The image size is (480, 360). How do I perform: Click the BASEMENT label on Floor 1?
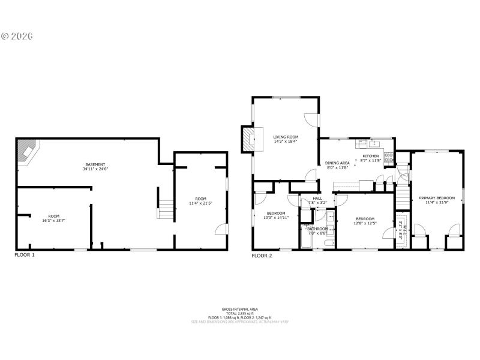[95, 164]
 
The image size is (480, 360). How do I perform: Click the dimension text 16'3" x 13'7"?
[54, 221]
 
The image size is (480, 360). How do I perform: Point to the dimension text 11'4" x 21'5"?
[200, 204]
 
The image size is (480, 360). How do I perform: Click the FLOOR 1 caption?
[25, 255]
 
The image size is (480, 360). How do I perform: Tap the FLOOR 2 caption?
[262, 255]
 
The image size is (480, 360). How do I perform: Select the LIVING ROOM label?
[286, 137]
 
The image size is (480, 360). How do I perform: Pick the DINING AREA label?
[337, 163]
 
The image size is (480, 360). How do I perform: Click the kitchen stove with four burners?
[389, 158]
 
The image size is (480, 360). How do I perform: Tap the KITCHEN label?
[370, 156]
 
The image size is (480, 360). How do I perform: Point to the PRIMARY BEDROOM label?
[437, 197]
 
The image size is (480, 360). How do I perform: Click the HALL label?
[317, 198]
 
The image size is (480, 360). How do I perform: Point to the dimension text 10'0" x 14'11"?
[276, 218]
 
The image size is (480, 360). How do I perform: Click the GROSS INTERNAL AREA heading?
[239, 308]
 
